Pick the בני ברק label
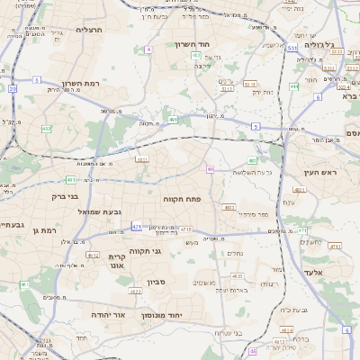pos(64,195)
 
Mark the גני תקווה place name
pos(144,251)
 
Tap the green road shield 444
pos(294,86)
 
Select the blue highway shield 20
pos(13,88)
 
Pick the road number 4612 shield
pos(92,255)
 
